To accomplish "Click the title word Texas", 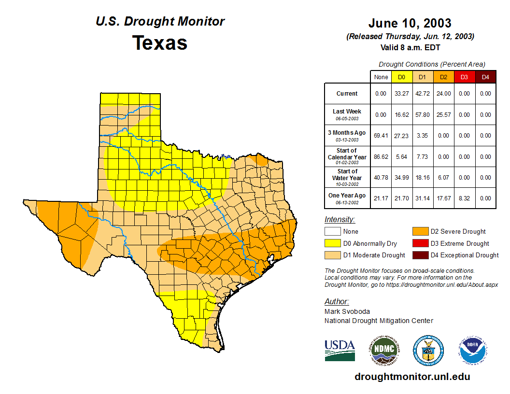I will click(x=160, y=42).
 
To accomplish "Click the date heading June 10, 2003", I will click(x=410, y=23).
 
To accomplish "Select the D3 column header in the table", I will click(x=464, y=77).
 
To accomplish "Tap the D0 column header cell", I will click(x=401, y=77).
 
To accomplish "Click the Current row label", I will click(x=347, y=94).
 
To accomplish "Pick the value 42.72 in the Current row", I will click(x=422, y=94).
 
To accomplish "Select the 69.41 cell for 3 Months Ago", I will click(x=381, y=136).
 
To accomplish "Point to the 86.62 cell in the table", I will click(x=381, y=156).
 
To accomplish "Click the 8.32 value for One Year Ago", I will click(x=464, y=198).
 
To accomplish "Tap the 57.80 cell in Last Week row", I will click(x=422, y=115).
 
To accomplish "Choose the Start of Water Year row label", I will click(x=347, y=177).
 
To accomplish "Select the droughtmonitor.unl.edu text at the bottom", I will click(x=412, y=377).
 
